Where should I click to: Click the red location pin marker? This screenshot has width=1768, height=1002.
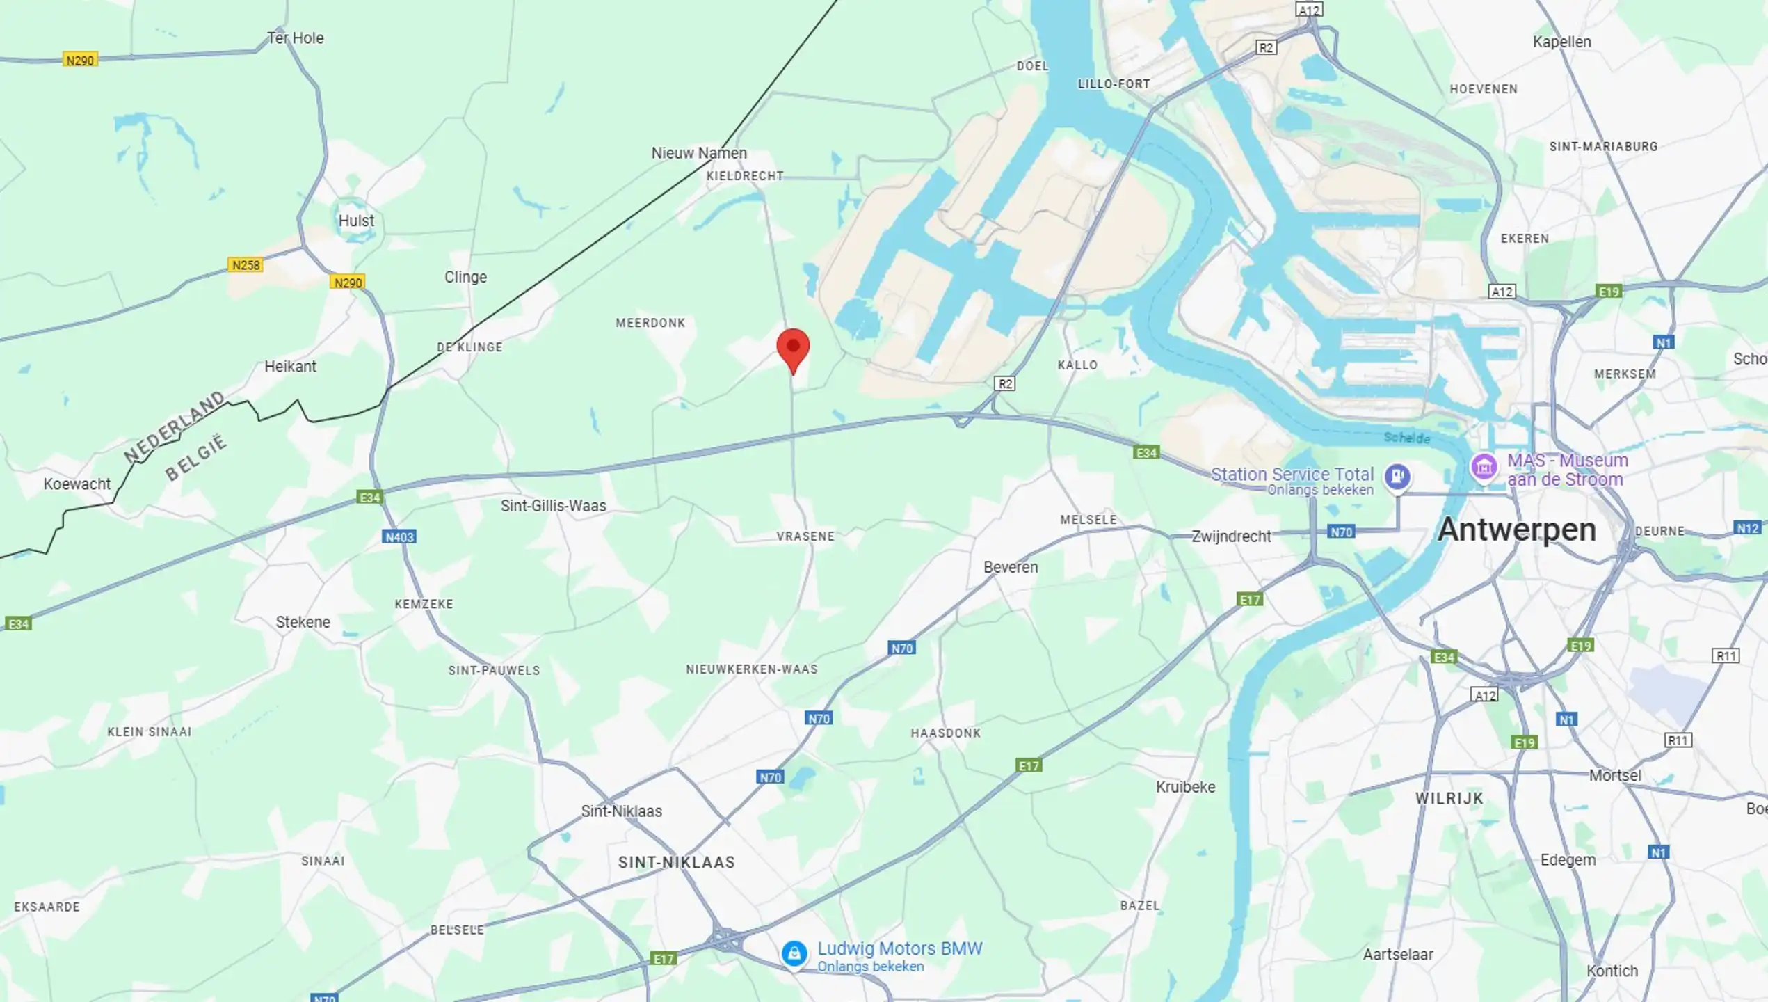tap(793, 349)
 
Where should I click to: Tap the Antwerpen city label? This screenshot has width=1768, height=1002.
tap(1516, 530)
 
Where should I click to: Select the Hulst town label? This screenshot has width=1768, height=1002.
tap(356, 221)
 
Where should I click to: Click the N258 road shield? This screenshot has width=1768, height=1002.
tap(246, 265)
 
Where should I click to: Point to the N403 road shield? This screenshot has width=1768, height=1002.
tap(399, 536)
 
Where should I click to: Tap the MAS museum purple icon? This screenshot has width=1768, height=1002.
tap(1484, 466)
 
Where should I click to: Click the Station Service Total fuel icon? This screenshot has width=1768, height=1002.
tap(1397, 477)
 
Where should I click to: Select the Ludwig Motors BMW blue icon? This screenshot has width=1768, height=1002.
tap(794, 953)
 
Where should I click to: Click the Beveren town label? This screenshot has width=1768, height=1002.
tap(1011, 567)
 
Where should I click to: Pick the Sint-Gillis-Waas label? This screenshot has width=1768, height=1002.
tap(553, 506)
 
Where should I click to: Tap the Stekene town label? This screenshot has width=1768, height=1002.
tap(303, 622)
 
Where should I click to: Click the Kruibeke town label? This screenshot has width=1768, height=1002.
tap(1185, 787)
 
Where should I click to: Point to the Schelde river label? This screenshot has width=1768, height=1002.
tap(1406, 438)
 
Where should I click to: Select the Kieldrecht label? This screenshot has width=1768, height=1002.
tap(745, 176)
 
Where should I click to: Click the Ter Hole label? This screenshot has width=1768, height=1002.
tap(296, 38)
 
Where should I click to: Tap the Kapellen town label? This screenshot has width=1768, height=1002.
tap(1561, 42)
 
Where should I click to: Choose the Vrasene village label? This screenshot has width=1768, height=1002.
tap(805, 536)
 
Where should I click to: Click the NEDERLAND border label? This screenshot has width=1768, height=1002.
tap(175, 427)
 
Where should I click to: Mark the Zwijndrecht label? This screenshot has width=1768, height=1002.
tap(1231, 536)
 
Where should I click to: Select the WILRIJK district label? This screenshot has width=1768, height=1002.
tap(1449, 798)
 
